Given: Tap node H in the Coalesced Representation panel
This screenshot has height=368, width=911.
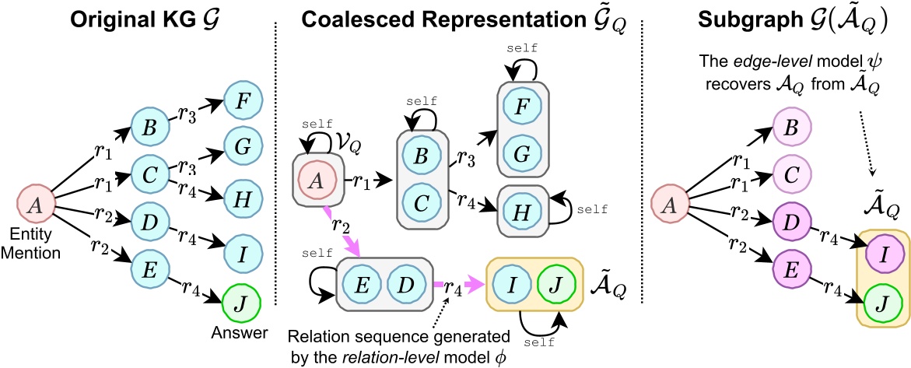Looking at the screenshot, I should point(519,208).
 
